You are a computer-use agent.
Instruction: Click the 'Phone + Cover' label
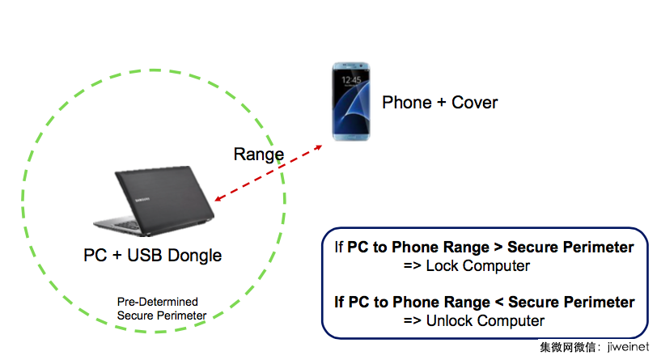click(x=439, y=103)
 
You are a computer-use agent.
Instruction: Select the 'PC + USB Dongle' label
click(x=153, y=256)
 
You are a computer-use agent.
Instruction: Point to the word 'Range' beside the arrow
click(x=258, y=155)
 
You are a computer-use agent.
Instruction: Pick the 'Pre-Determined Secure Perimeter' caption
click(x=162, y=308)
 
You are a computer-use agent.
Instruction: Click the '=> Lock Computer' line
click(x=466, y=266)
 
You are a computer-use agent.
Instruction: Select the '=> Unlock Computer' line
click(x=473, y=321)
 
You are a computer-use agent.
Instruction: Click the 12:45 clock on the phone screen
click(x=350, y=81)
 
